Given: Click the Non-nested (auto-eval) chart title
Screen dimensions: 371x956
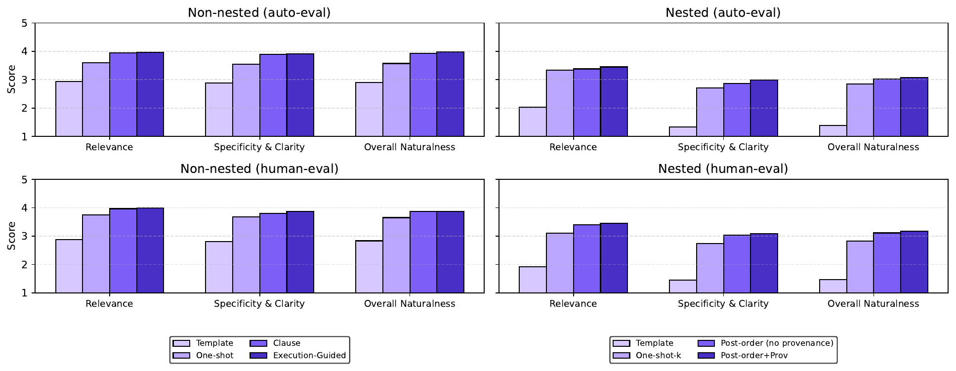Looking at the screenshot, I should pos(259,13).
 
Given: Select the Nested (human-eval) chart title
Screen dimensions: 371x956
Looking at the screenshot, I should pos(723,169).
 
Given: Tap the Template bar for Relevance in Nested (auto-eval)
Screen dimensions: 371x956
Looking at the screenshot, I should pos(533,122).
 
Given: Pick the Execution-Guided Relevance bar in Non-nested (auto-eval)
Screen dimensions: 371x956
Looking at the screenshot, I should pos(150,94).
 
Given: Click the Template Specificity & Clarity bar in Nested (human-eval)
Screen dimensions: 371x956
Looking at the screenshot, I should pos(683,287).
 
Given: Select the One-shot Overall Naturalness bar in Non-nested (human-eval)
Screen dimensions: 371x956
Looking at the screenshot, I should pos(396,255).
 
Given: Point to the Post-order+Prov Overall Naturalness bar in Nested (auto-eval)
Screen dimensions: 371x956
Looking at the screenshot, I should pos(914,107).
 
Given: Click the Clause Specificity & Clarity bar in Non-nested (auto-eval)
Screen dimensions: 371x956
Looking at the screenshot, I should pos(273,95).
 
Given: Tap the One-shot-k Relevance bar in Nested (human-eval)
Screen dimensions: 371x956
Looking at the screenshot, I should pos(560,263).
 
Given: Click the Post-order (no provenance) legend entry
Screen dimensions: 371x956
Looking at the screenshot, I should pos(776,343).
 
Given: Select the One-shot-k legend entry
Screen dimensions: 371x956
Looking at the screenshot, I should pos(658,356).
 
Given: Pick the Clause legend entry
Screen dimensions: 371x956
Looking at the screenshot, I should pos(286,343).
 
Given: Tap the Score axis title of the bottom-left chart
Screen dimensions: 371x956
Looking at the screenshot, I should pos(11,236).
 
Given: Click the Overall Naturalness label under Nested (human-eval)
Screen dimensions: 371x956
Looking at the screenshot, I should pos(873,304).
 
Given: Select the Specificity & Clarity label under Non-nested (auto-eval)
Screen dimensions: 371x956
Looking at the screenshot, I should pos(259,147).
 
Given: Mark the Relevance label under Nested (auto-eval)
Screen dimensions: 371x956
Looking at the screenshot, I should pos(573,147).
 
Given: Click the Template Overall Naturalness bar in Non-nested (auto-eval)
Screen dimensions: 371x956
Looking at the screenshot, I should pos(369,110).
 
